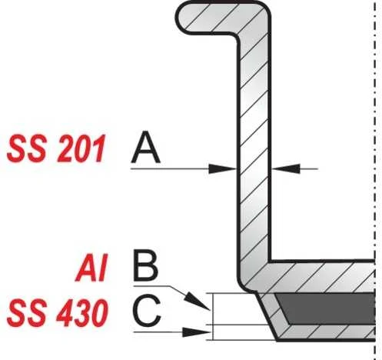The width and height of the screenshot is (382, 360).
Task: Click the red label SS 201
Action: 56,148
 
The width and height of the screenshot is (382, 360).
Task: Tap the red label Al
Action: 91,268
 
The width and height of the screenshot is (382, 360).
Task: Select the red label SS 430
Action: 57,313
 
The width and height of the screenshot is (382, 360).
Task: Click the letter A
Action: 145,147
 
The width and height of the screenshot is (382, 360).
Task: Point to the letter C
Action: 147,310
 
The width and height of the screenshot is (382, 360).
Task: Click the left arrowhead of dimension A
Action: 222,168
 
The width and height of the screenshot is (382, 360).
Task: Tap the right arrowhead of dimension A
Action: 285,168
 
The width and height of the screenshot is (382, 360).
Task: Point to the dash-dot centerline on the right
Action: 375,180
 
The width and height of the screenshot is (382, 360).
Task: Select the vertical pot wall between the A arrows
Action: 254,168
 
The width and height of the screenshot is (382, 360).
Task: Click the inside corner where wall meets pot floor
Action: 271,261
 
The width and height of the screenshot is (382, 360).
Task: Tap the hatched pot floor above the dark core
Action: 321,277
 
